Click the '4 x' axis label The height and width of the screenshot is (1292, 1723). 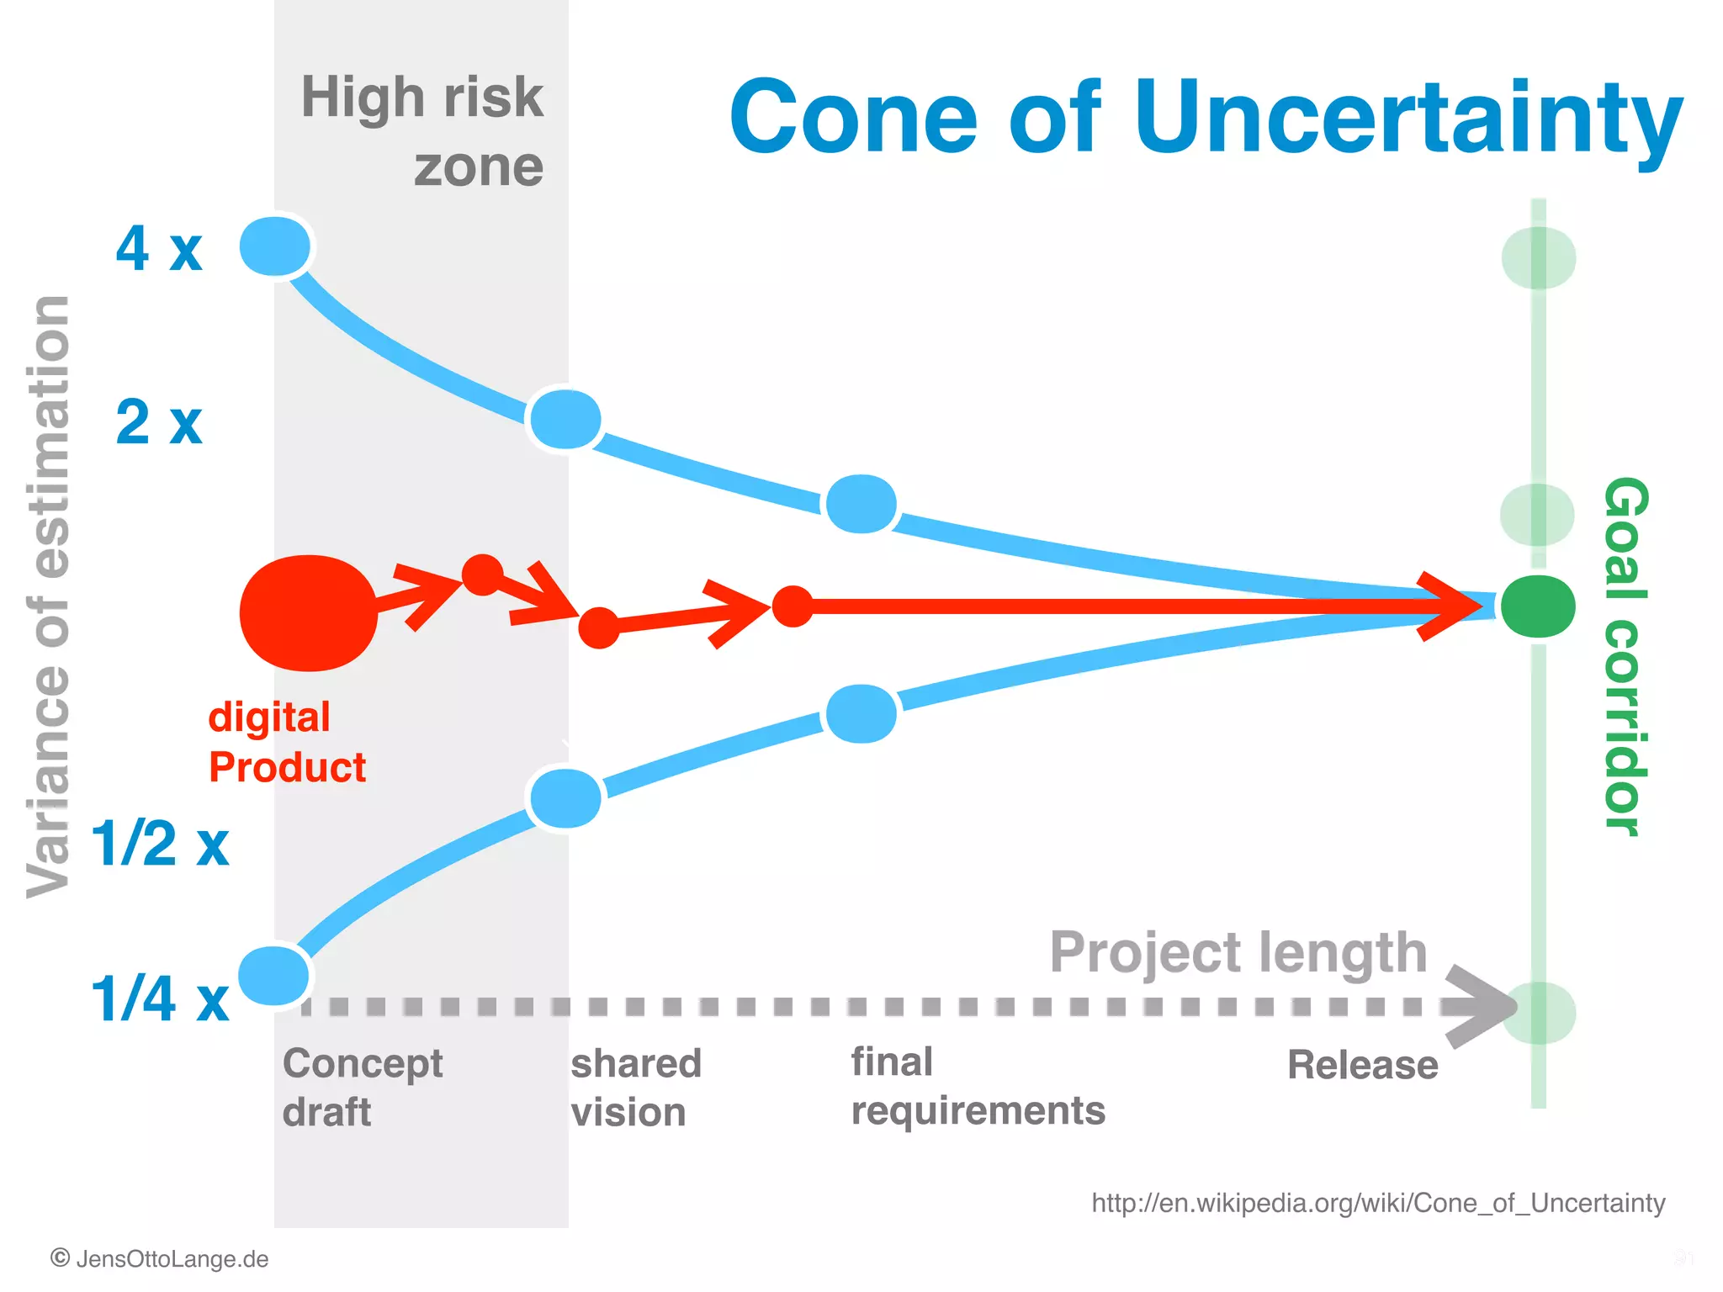click(x=159, y=249)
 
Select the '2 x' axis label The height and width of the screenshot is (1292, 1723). click(x=159, y=422)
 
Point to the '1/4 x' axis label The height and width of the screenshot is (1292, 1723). click(x=160, y=999)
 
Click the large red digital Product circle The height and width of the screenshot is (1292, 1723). click(x=309, y=613)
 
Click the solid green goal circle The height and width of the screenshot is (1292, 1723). click(x=1538, y=606)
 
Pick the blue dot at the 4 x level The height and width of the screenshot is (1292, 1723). click(x=275, y=246)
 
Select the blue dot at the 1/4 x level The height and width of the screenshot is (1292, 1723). click(x=274, y=976)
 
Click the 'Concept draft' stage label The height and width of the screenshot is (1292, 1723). click(x=362, y=1087)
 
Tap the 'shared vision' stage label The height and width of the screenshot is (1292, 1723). click(x=636, y=1087)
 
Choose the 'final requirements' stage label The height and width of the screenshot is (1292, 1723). click(x=977, y=1086)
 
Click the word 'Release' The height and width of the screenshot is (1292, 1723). click(x=1362, y=1065)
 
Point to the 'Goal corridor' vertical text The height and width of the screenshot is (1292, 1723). click(x=1625, y=656)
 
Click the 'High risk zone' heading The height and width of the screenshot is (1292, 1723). click(x=422, y=130)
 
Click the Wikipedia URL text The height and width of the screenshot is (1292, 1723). click(x=1378, y=1203)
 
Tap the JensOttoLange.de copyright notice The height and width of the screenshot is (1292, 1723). click(x=160, y=1259)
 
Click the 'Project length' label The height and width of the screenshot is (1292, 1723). click(x=1238, y=952)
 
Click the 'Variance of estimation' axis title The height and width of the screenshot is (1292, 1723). click(x=49, y=597)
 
